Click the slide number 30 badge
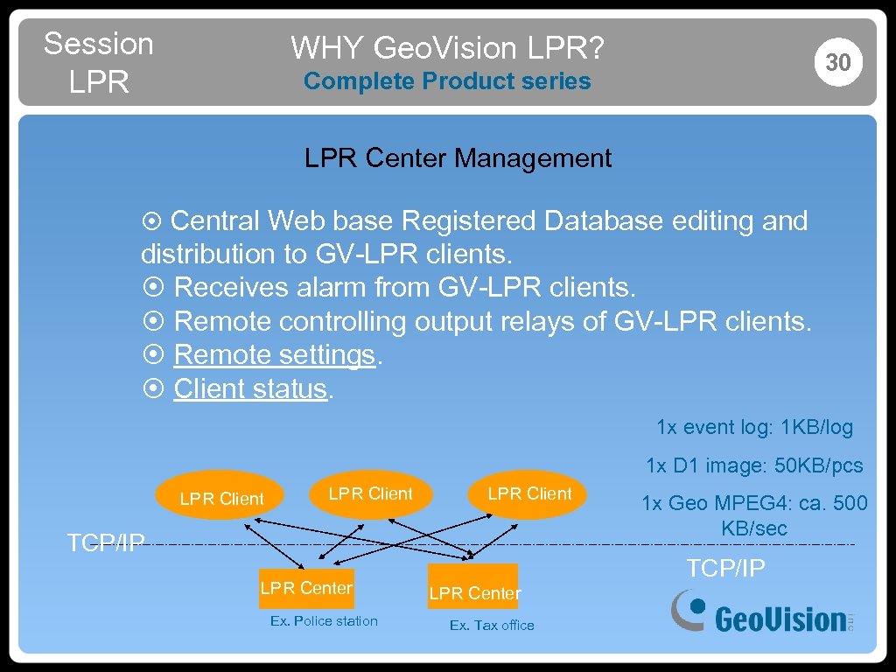click(838, 62)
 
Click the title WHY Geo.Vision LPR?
click(447, 47)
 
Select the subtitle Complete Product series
click(447, 81)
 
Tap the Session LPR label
click(98, 62)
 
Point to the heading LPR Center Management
click(458, 158)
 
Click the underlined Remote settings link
click(275, 355)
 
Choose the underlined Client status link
click(250, 388)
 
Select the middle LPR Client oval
click(370, 493)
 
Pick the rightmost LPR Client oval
click(529, 493)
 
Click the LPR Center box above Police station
click(306, 588)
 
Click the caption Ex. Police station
click(324, 621)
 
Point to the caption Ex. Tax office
click(492, 626)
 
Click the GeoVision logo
click(760, 612)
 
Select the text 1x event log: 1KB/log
click(754, 427)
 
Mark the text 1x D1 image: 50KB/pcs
click(754, 465)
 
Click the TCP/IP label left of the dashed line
click(106, 543)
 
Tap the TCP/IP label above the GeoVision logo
click(725, 569)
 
